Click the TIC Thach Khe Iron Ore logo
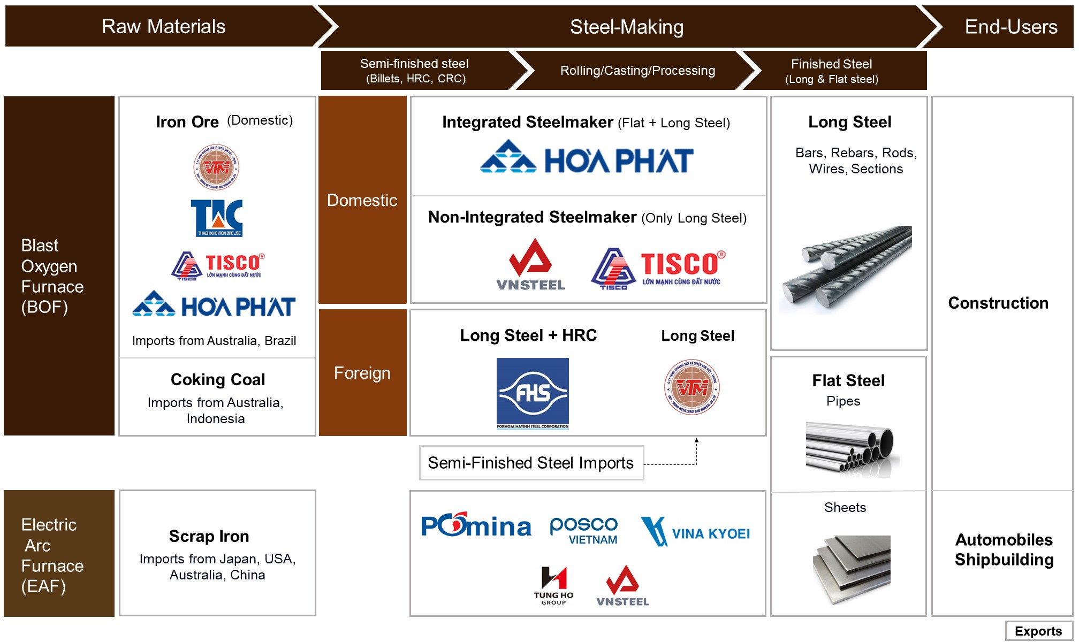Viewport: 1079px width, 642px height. [217, 218]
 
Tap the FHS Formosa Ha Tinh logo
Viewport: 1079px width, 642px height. [533, 393]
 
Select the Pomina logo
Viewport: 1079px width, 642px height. [476, 525]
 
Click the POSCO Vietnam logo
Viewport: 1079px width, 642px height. [584, 530]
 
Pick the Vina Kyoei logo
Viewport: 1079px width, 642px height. [695, 532]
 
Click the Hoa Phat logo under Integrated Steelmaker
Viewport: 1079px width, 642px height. [587, 157]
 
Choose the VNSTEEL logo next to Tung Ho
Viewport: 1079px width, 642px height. [622, 586]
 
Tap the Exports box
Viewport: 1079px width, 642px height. [1038, 631]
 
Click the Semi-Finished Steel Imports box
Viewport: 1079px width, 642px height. [531, 463]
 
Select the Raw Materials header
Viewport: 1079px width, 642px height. [163, 26]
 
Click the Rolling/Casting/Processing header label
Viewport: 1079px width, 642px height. [637, 71]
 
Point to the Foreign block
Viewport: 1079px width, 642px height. [362, 373]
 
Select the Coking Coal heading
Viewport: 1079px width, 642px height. [217, 379]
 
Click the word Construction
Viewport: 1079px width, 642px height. [998, 303]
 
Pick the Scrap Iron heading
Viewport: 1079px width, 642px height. [209, 536]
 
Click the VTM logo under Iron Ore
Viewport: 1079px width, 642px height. [216, 167]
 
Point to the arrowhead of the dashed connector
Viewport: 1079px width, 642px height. [696, 440]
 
